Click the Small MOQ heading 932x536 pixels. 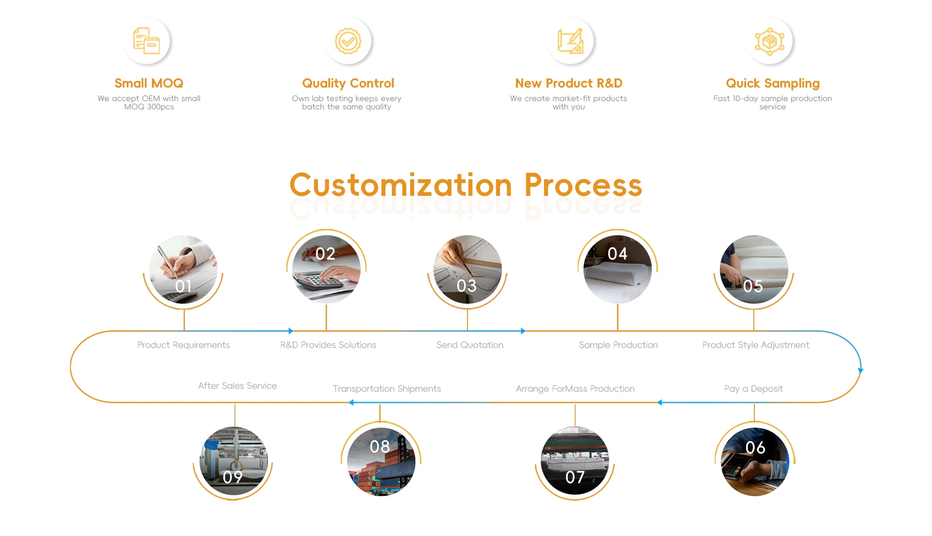(x=149, y=83)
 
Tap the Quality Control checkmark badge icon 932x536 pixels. (x=348, y=41)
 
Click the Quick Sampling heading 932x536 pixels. (x=772, y=83)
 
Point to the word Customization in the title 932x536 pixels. (x=400, y=185)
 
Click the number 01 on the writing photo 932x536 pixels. (x=183, y=286)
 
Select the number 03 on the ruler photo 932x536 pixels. (x=466, y=286)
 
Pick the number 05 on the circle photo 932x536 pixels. (x=753, y=286)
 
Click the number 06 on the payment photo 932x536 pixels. (x=755, y=448)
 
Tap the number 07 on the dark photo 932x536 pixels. (x=575, y=477)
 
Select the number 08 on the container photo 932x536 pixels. (x=380, y=447)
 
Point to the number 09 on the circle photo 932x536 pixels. (x=233, y=477)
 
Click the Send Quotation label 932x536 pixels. (x=469, y=345)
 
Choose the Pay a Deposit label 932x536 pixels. (x=753, y=389)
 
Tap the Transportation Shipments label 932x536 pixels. (x=387, y=389)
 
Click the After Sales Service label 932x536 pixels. (x=237, y=386)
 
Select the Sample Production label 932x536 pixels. (x=618, y=345)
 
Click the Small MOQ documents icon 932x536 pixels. (x=147, y=41)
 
